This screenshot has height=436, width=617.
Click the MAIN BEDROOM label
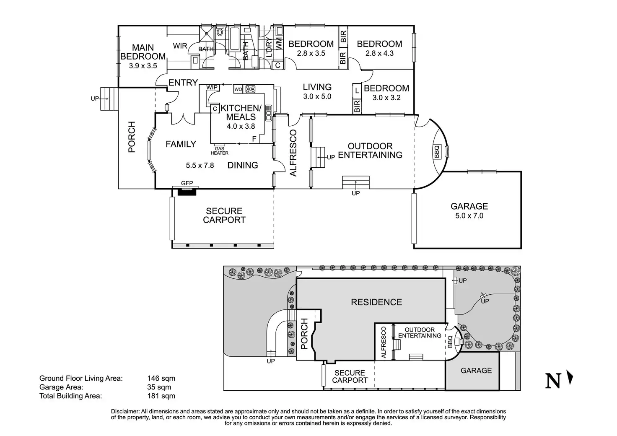143,52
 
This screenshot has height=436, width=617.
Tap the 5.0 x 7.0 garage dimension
469,215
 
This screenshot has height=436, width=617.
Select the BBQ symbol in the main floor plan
437,152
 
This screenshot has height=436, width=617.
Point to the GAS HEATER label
220,151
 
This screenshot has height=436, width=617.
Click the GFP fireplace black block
187,192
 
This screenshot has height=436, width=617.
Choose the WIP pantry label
212,87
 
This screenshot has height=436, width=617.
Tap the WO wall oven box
238,89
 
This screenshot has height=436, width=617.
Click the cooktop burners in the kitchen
250,89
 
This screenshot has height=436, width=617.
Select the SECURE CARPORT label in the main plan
224,215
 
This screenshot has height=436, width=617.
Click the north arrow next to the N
570,377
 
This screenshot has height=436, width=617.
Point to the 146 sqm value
161,379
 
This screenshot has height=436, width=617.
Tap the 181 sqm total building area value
161,396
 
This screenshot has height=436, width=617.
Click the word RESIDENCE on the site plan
376,302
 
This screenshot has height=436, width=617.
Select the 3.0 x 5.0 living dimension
317,96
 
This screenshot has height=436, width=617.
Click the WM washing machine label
279,44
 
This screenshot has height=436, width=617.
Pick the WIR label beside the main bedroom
180,46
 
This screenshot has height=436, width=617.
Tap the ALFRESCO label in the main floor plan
293,153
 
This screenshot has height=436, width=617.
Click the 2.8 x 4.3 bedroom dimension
380,53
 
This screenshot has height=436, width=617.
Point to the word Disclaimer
125,412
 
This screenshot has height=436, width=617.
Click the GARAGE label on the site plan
476,371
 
